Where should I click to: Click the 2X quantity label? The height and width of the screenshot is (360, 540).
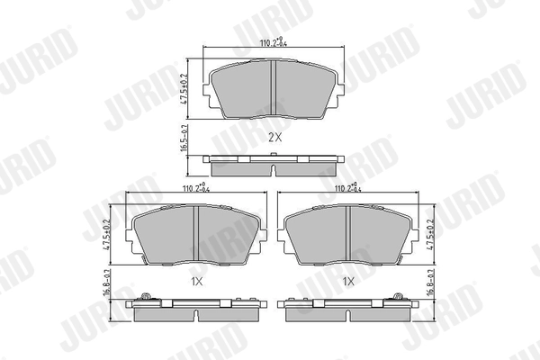274,138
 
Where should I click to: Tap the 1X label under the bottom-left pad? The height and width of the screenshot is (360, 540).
198,280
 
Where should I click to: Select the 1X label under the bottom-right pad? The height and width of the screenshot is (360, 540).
348,280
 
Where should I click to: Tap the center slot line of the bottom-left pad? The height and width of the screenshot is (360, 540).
196,236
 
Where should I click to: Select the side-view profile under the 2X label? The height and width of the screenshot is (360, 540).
274,165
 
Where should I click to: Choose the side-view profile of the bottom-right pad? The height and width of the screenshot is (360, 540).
347,310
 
